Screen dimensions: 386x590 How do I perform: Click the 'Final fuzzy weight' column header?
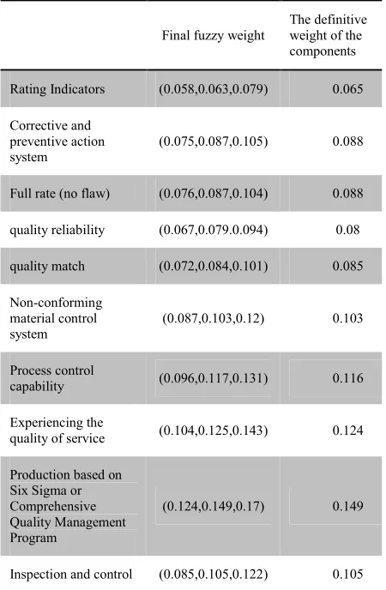(214, 35)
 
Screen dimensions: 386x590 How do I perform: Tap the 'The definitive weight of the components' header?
(328, 35)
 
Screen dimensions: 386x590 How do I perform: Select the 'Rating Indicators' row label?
(57, 89)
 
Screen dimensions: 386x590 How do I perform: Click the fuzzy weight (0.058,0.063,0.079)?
(214, 89)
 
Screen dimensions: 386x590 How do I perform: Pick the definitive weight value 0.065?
(347, 89)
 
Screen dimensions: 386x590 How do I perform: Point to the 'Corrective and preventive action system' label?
(57, 141)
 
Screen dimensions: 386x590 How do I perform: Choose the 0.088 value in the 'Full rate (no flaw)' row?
(347, 194)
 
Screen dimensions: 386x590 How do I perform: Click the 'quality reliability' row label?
(57, 230)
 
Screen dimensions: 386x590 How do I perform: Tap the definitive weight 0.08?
(347, 230)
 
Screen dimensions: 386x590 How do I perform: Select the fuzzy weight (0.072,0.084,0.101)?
(214, 266)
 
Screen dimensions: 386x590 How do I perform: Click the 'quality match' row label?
(47, 266)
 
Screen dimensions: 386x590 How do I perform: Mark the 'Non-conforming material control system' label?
(56, 318)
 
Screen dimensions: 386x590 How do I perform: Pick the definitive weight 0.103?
(347, 318)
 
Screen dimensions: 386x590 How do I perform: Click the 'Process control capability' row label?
(52, 378)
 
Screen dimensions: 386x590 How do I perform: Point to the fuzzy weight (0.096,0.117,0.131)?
(214, 378)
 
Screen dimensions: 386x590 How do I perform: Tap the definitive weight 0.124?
(347, 430)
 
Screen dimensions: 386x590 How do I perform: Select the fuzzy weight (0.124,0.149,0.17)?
(214, 506)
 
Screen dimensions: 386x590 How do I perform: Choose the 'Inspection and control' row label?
(71, 575)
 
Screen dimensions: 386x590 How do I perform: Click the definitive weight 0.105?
(347, 575)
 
